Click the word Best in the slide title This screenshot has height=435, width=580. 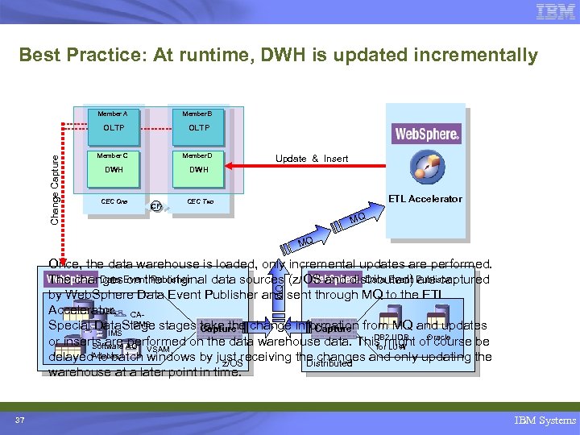pyautogui.click(x=40, y=56)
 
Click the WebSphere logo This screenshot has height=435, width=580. pyautogui.click(x=427, y=133)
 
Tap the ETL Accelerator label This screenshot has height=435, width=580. pyautogui.click(x=425, y=198)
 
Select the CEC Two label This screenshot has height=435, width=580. pyautogui.click(x=200, y=201)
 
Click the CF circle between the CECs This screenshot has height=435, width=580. pyautogui.click(x=157, y=206)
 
